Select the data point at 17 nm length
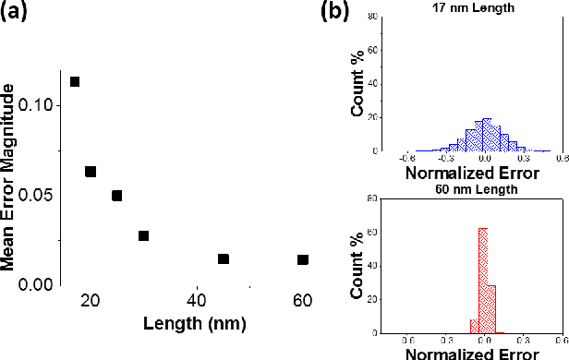point(75,81)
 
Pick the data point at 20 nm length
point(91,172)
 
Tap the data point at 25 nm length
point(116,196)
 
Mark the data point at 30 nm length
point(143,235)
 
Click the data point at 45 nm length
point(223,258)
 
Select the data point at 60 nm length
point(302,259)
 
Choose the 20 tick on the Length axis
point(91,300)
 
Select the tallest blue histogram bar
point(487,135)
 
